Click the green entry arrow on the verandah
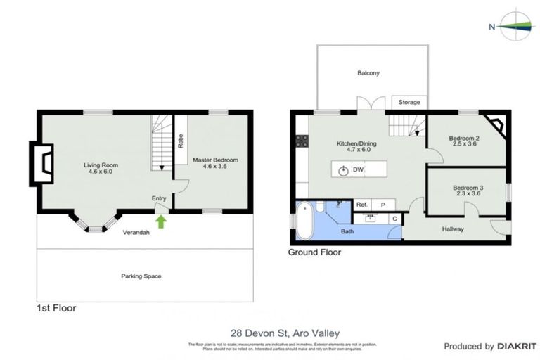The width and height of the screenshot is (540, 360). coord(160,222)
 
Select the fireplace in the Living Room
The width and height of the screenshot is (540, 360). coord(41,164)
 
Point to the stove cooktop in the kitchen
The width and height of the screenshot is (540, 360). coord(302,141)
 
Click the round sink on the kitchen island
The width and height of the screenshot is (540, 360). coord(343,170)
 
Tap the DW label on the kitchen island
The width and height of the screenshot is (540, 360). coord(358,170)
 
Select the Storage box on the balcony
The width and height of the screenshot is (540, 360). coord(409,103)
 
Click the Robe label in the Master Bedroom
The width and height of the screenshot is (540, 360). coord(181,141)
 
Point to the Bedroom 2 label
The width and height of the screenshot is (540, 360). coord(464,139)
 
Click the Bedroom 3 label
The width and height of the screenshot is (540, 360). coord(467,188)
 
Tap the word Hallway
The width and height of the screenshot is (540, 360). coord(452,229)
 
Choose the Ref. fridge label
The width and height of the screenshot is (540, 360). coord(361,205)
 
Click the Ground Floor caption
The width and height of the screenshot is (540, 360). coord(314,252)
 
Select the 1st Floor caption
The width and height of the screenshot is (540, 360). coord(56,308)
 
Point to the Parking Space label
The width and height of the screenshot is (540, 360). coord(141,276)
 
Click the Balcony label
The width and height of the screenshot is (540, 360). coord(368,73)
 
